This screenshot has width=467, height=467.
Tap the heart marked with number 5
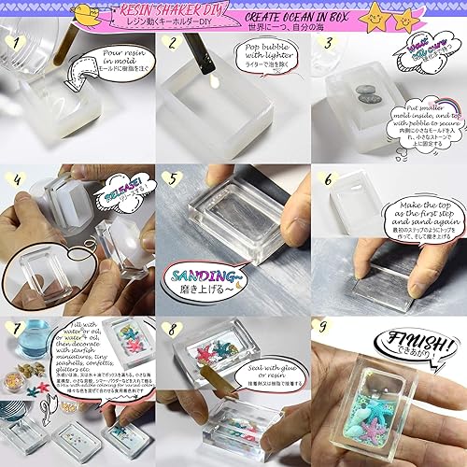170,178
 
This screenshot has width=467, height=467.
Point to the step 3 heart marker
326,43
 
